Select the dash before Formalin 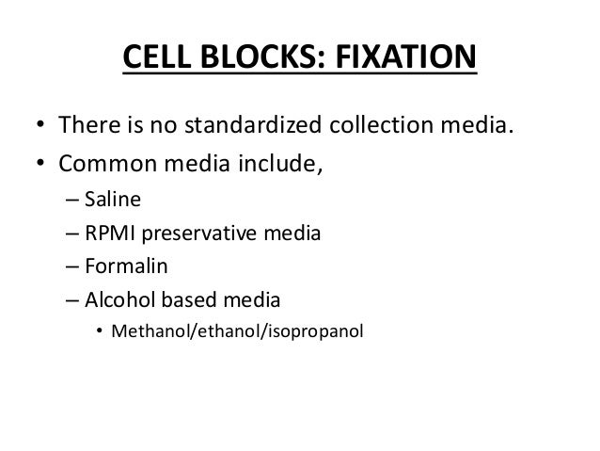(x=71, y=268)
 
